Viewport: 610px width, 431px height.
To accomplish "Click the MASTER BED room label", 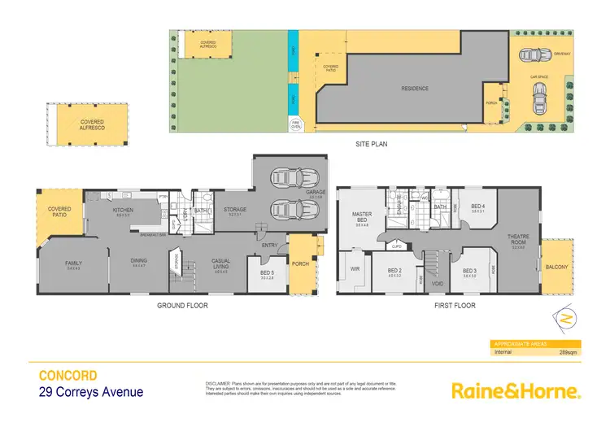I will pyautogui.click(x=361, y=217).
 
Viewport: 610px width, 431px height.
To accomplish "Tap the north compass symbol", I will pyautogui.click(x=565, y=315).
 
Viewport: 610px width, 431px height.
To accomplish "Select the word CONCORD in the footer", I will pyautogui.click(x=69, y=376).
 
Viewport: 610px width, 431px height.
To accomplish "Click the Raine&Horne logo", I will pyautogui.click(x=516, y=391).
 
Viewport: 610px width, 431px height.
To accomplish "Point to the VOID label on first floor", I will pyautogui.click(x=437, y=285).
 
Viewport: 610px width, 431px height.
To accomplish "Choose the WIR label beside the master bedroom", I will pyautogui.click(x=354, y=268).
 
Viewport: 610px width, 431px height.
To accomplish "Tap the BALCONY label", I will pyautogui.click(x=556, y=266).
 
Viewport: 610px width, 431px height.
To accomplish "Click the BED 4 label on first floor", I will pyautogui.click(x=477, y=206).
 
